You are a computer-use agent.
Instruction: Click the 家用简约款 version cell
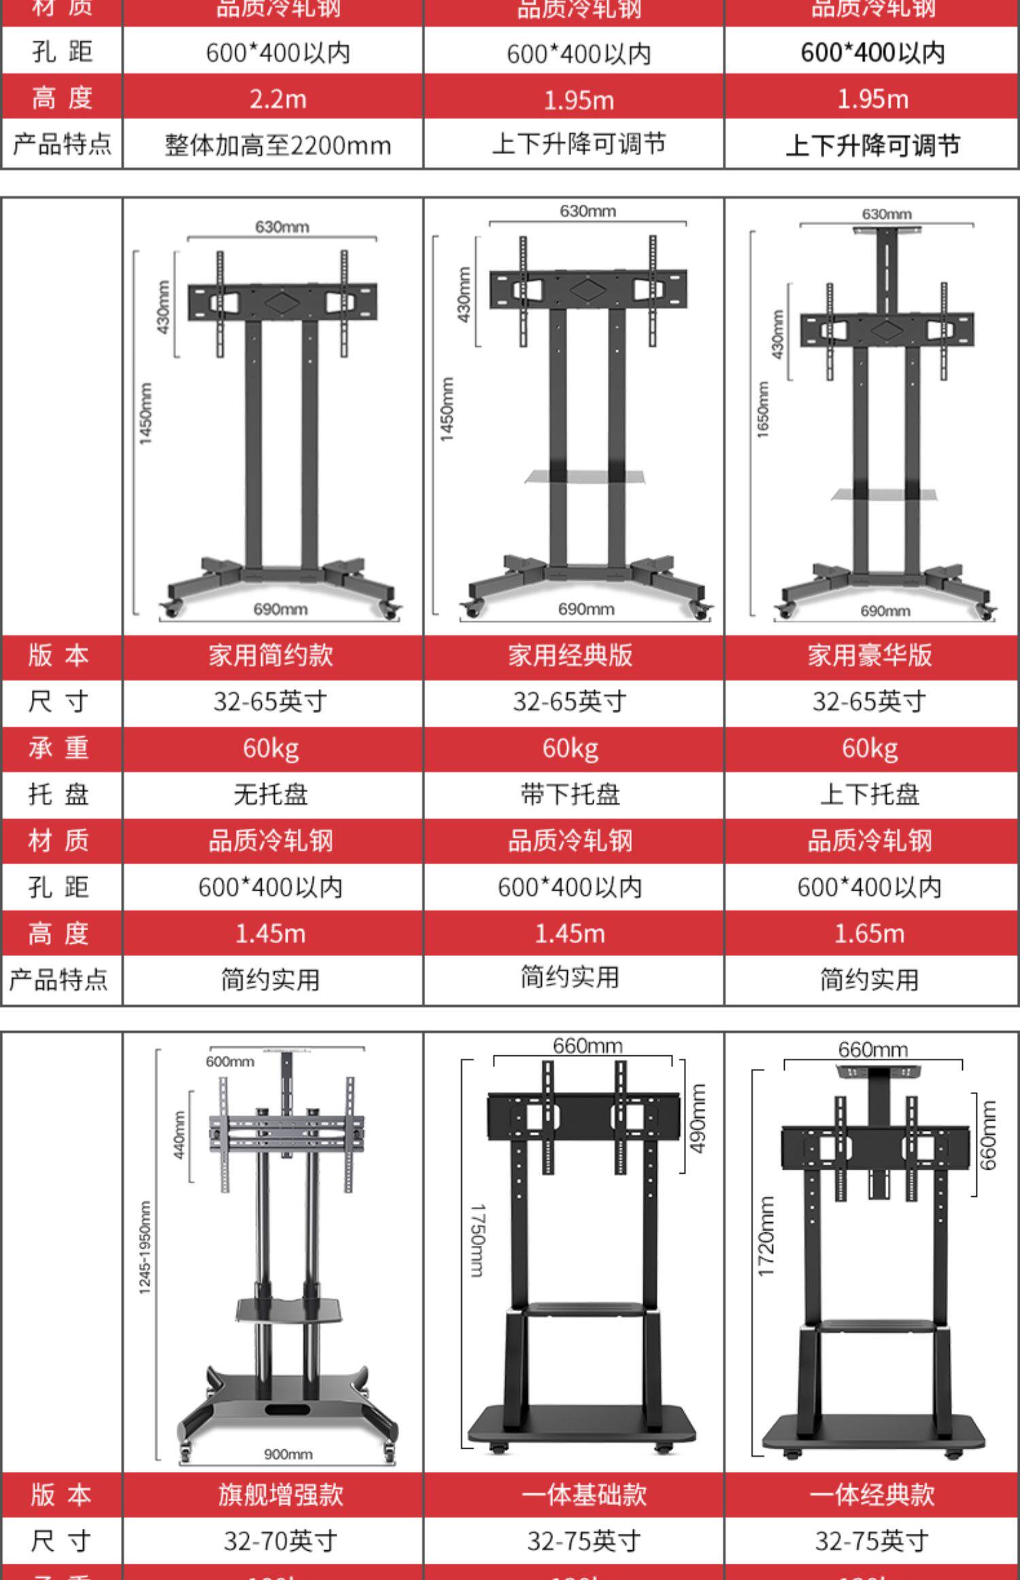(271, 655)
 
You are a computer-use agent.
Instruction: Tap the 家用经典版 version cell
(570, 655)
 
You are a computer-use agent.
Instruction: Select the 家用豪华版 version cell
(870, 655)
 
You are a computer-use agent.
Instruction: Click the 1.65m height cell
(870, 934)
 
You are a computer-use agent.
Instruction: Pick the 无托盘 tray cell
(271, 794)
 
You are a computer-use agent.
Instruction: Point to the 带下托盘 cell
(570, 794)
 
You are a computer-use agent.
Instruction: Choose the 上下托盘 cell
(870, 794)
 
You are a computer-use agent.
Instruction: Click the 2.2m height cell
(277, 99)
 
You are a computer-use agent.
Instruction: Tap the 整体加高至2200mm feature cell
(277, 145)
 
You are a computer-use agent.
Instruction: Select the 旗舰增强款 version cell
(280, 1495)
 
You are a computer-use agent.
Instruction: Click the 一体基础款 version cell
(583, 1495)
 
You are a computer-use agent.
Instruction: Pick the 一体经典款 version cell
(872, 1495)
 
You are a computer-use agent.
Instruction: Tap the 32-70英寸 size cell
(280, 1541)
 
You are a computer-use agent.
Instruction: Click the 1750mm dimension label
(477, 1240)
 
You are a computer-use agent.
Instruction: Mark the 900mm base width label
(288, 1454)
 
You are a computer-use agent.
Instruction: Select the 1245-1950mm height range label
(146, 1247)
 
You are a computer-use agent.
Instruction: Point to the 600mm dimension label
(230, 1061)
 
